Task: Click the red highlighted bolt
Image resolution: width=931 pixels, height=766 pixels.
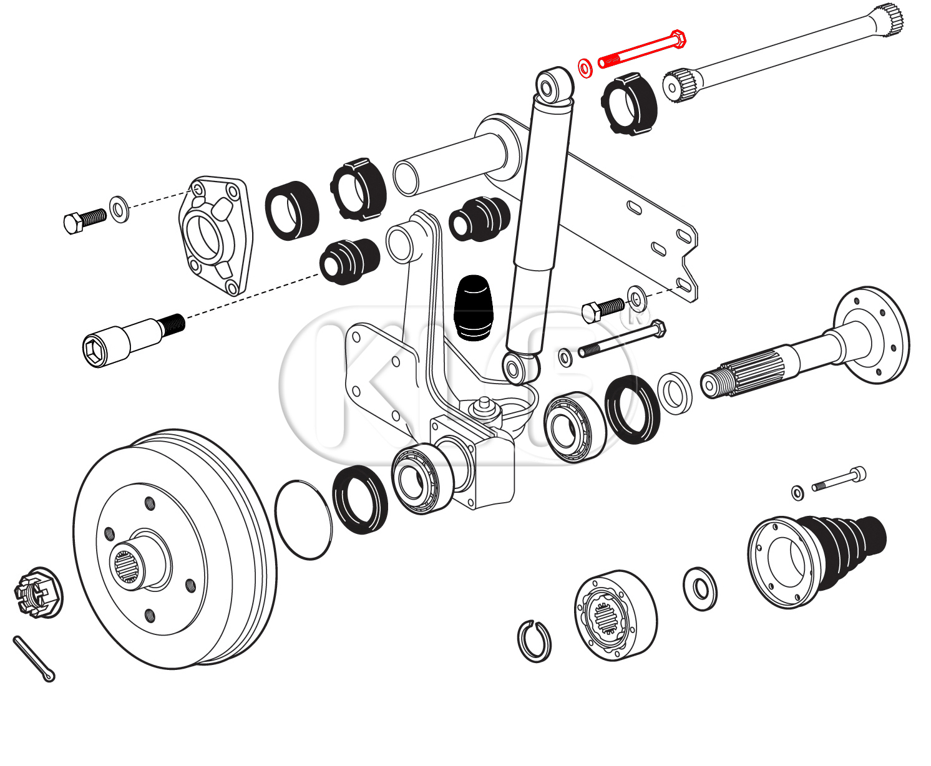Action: (x=643, y=49)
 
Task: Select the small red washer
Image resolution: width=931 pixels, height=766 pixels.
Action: (x=585, y=69)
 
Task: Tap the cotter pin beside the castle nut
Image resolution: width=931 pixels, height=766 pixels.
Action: (x=33, y=659)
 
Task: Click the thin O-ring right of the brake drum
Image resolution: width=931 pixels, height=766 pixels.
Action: (x=304, y=520)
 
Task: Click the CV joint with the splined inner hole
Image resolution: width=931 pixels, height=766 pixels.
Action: (x=615, y=614)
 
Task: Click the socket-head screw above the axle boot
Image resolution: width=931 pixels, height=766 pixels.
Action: (x=839, y=480)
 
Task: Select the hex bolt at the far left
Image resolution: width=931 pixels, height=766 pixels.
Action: (x=85, y=220)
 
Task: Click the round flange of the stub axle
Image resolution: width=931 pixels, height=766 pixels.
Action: (x=874, y=335)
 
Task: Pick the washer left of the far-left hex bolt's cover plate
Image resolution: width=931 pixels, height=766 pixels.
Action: (x=119, y=208)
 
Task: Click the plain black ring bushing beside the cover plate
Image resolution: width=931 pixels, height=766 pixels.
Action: (x=292, y=210)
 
